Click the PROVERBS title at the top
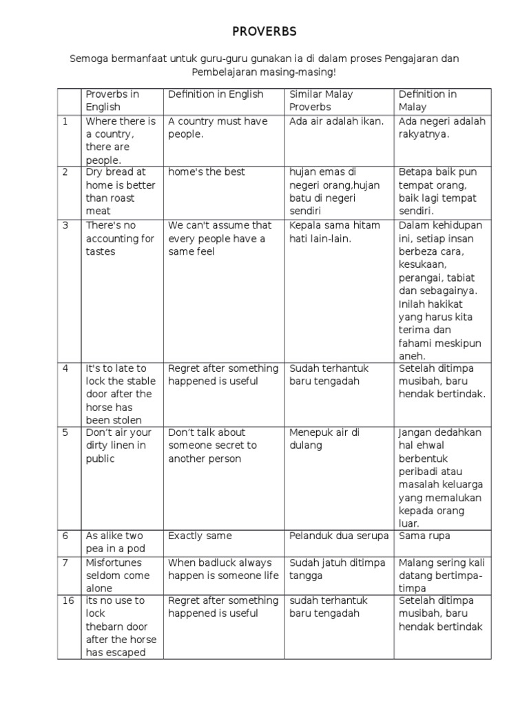[264, 32]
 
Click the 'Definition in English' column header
[216, 94]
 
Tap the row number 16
[68, 600]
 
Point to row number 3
[65, 225]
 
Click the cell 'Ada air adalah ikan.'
[337, 122]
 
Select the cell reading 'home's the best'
[207, 172]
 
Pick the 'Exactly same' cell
[200, 536]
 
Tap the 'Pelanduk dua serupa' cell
[339, 536]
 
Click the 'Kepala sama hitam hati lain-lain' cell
[330, 232]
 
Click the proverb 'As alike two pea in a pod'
[114, 542]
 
